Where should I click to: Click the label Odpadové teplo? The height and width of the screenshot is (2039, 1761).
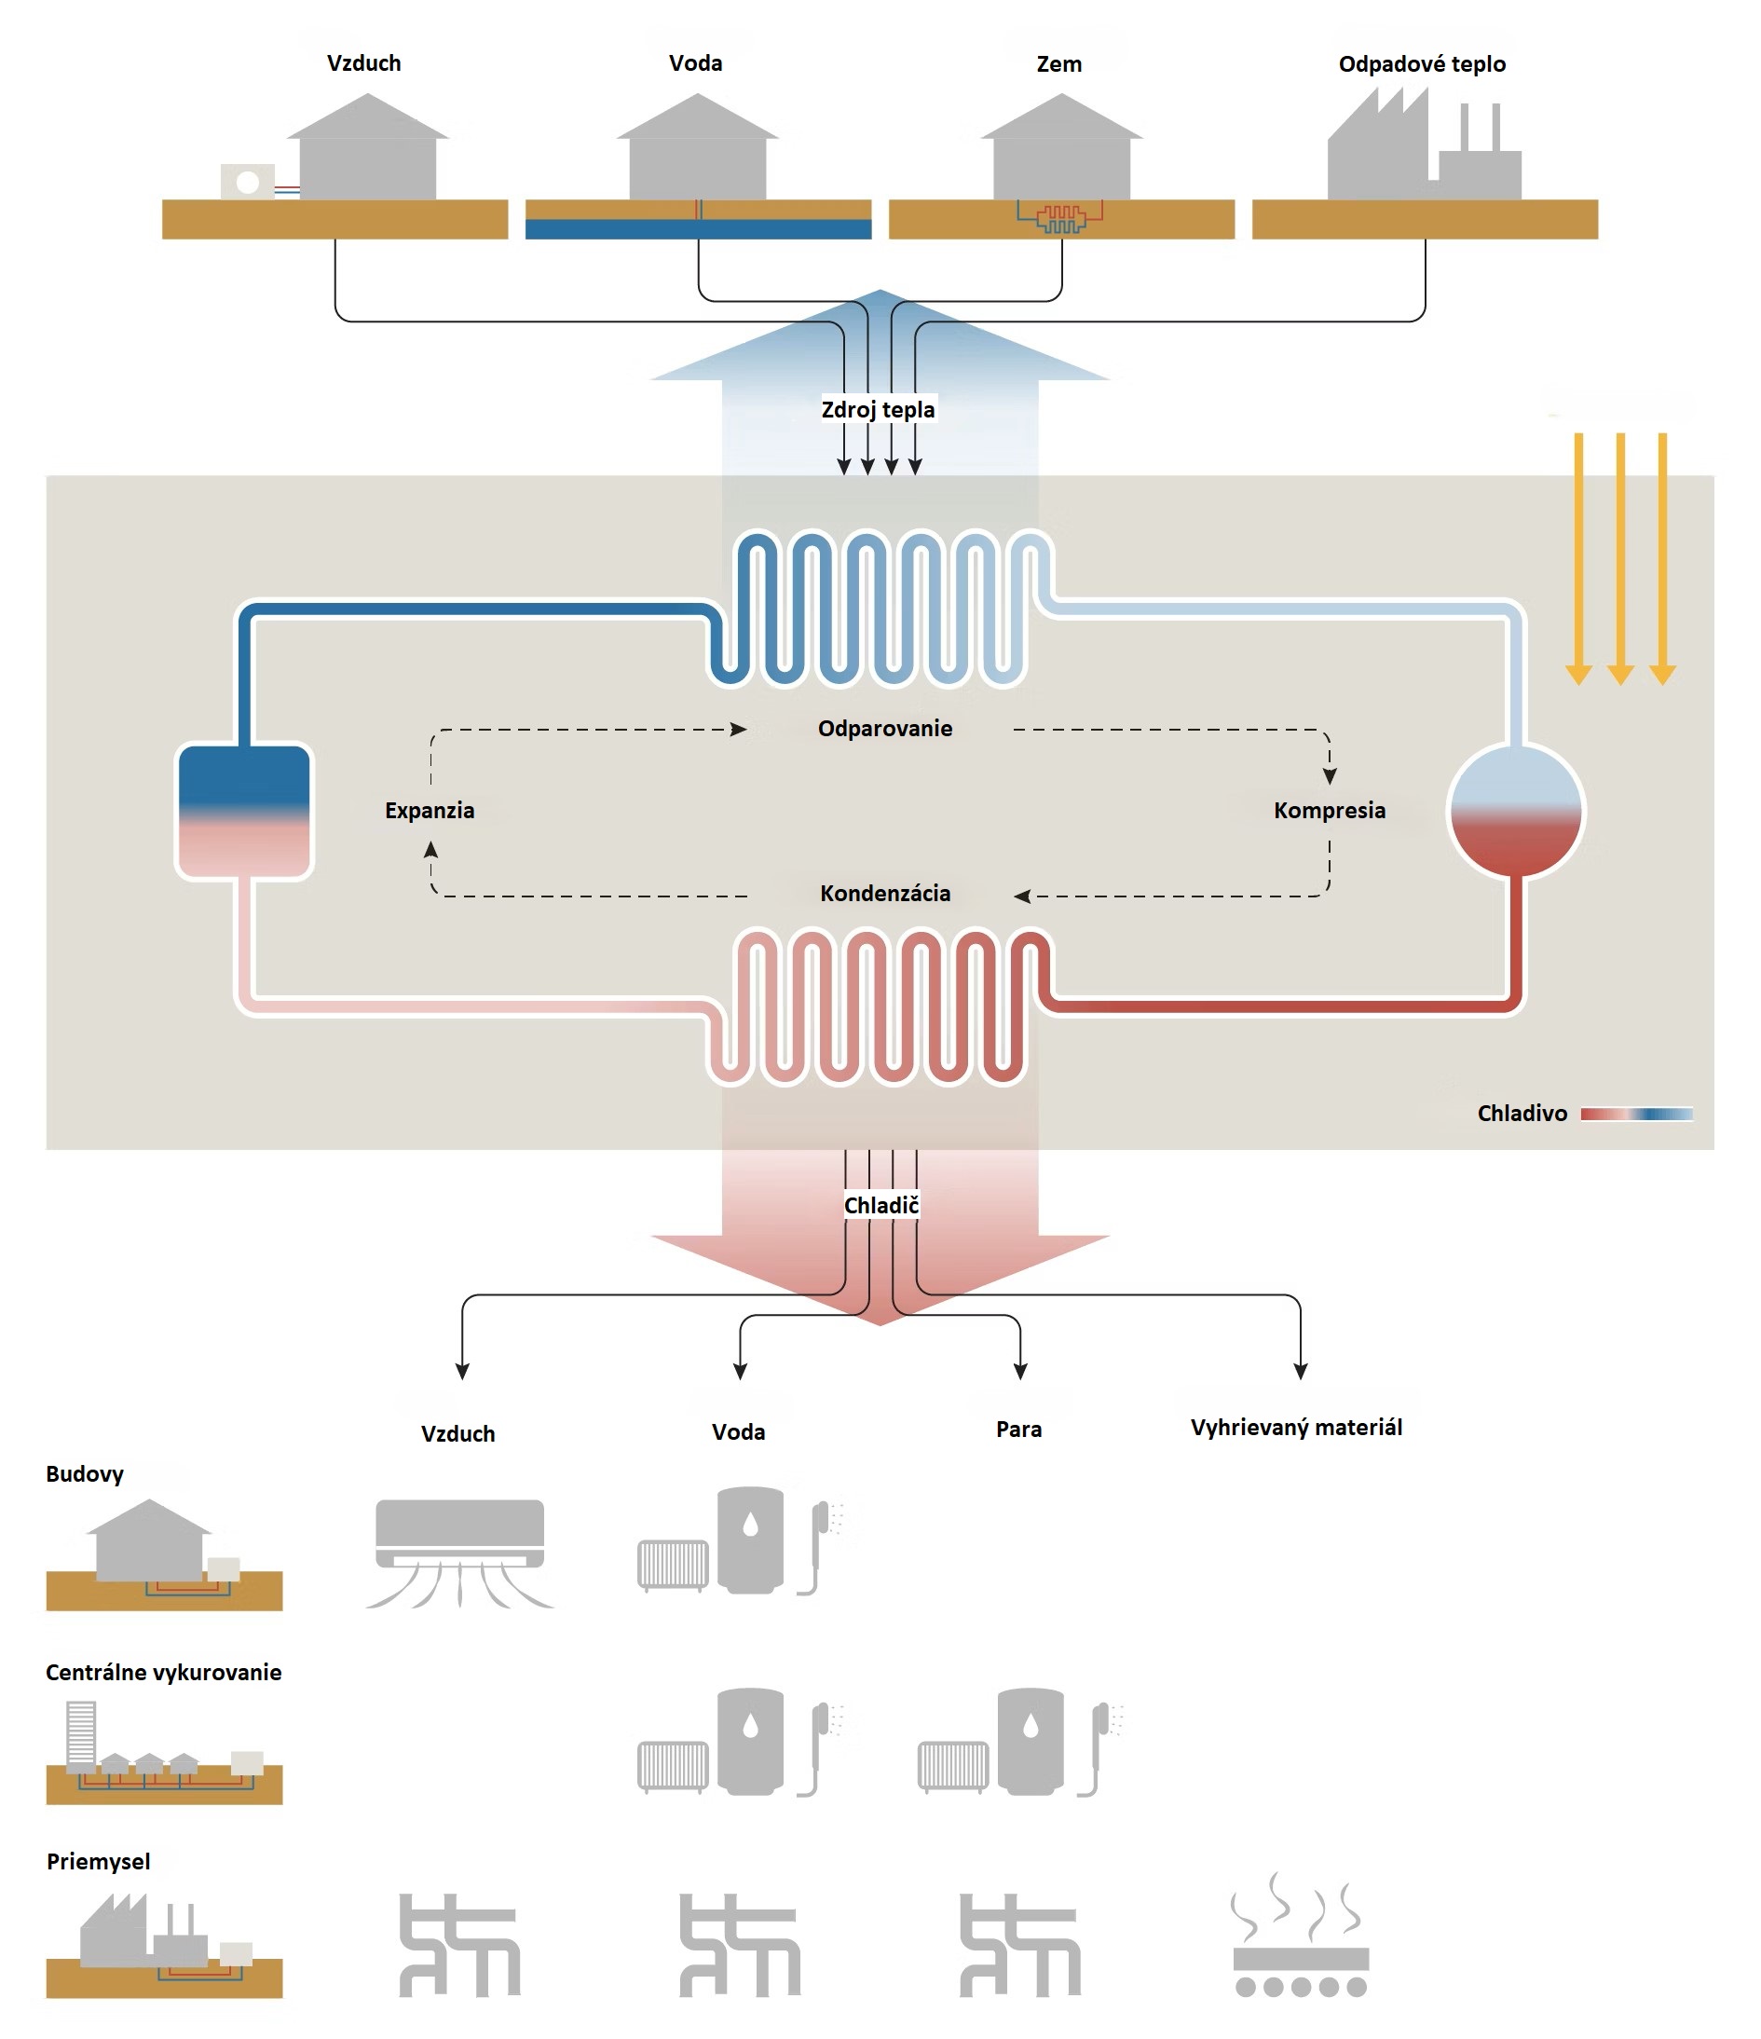[x=1422, y=64]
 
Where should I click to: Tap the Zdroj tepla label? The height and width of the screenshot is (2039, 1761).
[x=878, y=409]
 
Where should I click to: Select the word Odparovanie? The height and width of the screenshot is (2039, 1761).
[x=884, y=729]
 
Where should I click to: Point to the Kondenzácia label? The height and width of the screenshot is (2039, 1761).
[x=884, y=894]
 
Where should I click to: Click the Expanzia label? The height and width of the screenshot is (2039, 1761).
[x=429, y=811]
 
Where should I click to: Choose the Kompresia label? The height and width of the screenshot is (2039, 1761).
[x=1329, y=811]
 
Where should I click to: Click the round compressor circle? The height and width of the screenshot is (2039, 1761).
[x=1516, y=811]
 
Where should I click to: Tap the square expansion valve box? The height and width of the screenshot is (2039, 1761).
[x=244, y=811]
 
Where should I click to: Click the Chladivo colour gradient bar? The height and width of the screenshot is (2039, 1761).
[x=1636, y=1114]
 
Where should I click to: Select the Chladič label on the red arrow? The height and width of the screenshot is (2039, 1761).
[x=880, y=1206]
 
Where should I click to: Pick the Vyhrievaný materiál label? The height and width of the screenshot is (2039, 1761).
[x=1296, y=1428]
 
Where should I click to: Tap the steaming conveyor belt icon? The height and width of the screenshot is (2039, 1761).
[x=1301, y=1935]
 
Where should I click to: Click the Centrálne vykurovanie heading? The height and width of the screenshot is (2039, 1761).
[x=163, y=1673]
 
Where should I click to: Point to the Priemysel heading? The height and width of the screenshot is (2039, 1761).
[x=99, y=1862]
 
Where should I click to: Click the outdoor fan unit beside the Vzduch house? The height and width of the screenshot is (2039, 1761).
[x=247, y=182]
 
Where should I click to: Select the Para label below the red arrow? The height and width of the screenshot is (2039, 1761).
[x=1018, y=1429]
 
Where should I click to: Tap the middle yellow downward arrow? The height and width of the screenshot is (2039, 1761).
[x=1620, y=558]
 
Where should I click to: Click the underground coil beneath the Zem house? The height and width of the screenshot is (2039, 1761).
[x=1059, y=217]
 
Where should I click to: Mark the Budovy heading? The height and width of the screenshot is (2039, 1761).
[x=85, y=1474]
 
